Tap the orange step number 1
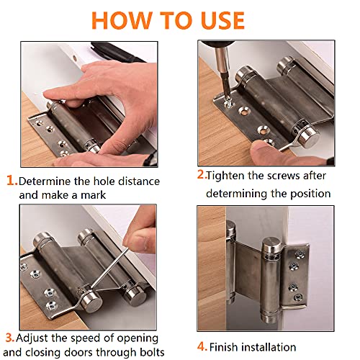click(x=12, y=181)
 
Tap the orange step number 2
click(x=202, y=174)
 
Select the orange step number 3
click(x=10, y=338)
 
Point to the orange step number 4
click(x=202, y=346)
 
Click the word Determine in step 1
click(x=45, y=181)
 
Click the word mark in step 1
click(x=94, y=195)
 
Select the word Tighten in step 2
click(x=225, y=176)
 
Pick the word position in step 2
click(x=310, y=194)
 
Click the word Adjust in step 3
click(x=32, y=338)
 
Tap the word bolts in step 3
click(x=152, y=352)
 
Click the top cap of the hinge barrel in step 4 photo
click(x=272, y=243)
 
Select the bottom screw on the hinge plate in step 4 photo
click(x=297, y=297)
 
